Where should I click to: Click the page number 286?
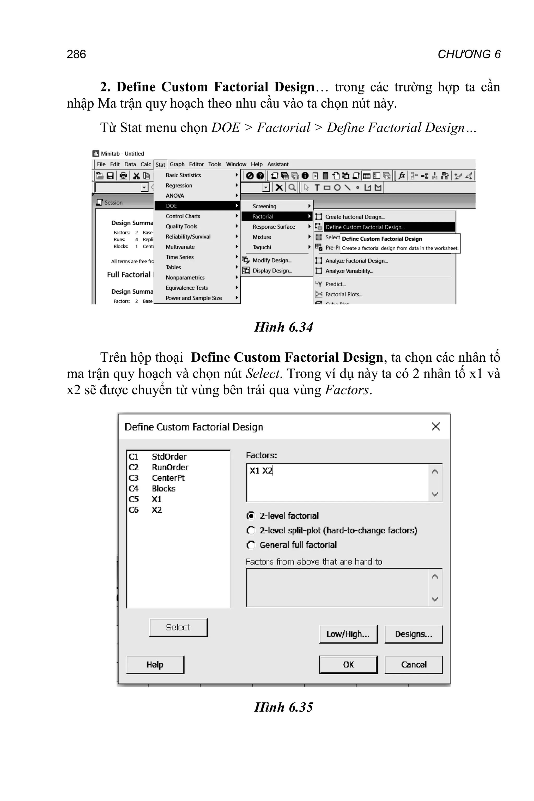[76, 54]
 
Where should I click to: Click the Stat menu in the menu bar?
[160, 165]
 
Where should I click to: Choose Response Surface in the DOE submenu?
[274, 227]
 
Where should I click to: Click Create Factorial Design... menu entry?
[355, 217]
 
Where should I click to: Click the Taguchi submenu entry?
[262, 247]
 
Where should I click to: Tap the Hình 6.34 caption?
[283, 327]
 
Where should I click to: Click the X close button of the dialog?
[436, 426]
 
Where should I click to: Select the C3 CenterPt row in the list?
[157, 478]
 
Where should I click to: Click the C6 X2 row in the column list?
[146, 510]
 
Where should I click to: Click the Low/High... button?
[348, 634]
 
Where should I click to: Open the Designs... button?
[414, 634]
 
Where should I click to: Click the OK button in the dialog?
[348, 664]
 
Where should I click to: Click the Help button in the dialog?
[155, 664]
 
